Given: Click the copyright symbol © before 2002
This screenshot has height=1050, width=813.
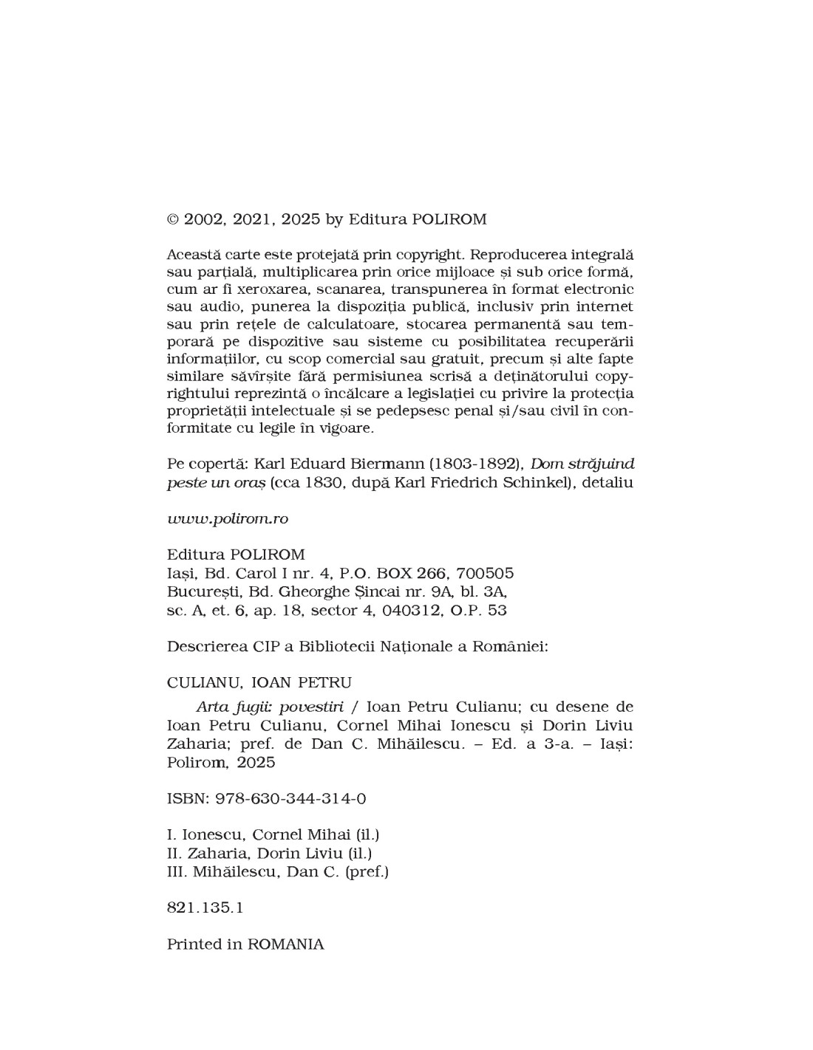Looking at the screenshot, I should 173,219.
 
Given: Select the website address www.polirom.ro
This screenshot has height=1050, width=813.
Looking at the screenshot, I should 228,518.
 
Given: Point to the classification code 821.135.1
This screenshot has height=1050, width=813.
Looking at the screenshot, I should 205,907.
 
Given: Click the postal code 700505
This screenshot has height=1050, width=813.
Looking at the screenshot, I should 485,573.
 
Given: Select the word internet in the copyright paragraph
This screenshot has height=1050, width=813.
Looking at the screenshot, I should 605,306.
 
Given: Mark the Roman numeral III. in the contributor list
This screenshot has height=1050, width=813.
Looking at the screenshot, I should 177,871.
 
